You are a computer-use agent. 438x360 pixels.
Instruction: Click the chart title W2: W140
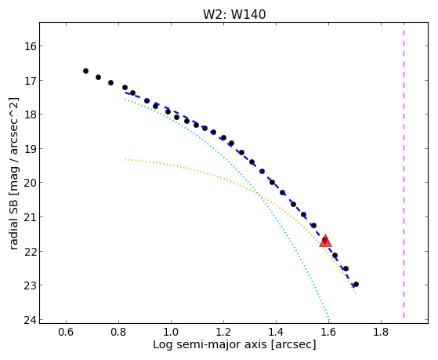[234, 14]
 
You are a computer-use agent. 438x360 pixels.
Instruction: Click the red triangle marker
[325, 241]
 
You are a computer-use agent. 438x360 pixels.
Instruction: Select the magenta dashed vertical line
[404, 170]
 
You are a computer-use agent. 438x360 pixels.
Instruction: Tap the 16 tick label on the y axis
[31, 45]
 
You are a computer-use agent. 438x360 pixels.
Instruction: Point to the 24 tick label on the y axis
[31, 320]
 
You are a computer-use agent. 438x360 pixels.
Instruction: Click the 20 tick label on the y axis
[31, 183]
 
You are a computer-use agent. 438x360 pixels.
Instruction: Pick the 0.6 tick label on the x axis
[66, 332]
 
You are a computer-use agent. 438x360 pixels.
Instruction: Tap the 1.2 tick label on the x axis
[223, 332]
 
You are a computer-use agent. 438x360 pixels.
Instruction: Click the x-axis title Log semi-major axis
[210, 344]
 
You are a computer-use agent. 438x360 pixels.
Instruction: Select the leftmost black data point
[85, 71]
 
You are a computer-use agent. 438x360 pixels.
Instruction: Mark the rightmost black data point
[356, 284]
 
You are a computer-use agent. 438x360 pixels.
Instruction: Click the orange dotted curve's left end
[125, 159]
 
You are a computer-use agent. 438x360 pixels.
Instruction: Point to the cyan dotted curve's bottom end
[330, 322]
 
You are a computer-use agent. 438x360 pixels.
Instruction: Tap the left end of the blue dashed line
[125, 93]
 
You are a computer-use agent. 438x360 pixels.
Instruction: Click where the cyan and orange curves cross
[259, 195]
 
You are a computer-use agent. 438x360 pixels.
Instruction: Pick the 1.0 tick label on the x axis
[171, 332]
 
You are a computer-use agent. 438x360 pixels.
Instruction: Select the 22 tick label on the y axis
[31, 251]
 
